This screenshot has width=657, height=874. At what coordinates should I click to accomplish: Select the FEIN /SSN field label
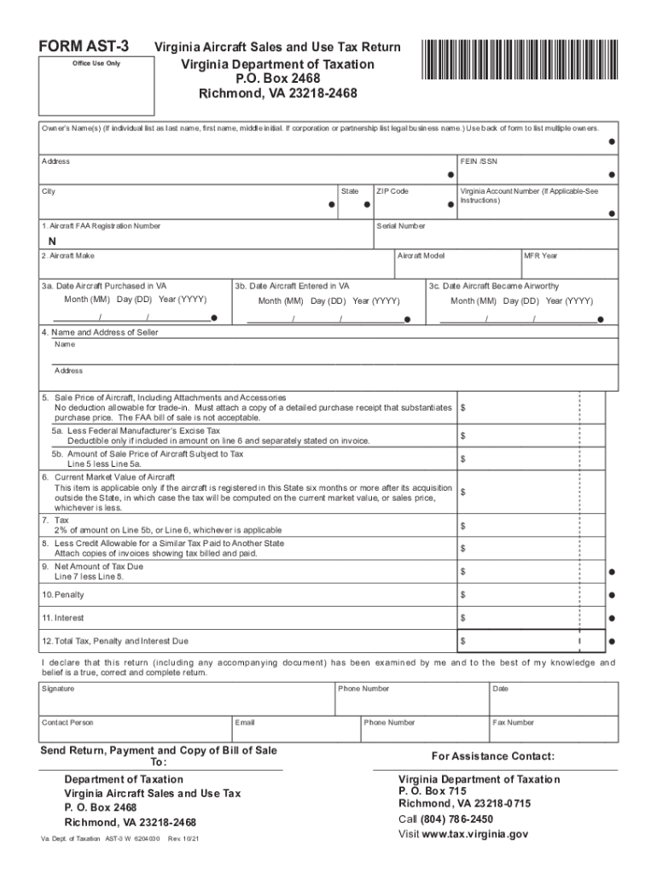[478, 161]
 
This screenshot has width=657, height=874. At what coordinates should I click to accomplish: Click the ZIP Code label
[392, 191]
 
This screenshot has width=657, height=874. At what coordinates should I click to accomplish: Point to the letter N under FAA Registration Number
[52, 240]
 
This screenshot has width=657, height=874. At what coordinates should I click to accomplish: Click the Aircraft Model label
[422, 256]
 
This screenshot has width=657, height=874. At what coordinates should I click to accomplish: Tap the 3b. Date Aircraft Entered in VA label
[293, 286]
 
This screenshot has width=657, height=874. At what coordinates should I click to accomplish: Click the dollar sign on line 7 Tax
[463, 526]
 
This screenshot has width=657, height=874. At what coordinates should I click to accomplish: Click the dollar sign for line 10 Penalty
[463, 594]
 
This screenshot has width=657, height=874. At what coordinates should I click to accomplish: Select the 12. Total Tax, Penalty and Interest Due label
[115, 641]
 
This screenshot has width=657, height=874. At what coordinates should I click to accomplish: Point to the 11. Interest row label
[63, 618]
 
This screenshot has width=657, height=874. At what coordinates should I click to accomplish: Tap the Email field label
[246, 723]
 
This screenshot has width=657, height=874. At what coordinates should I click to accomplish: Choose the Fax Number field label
[513, 723]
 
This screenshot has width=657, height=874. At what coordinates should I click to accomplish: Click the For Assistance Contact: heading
[493, 756]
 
